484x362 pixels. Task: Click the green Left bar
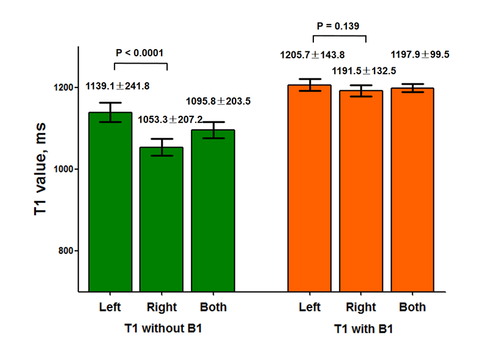coord(110,202)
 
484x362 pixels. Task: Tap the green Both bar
coord(213,211)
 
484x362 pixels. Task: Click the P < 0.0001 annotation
coord(140,52)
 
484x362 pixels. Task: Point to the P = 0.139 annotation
coord(338,26)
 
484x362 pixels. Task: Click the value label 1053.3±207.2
coord(169,119)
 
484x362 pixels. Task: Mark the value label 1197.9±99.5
coord(420,55)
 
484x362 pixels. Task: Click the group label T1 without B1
coord(162,328)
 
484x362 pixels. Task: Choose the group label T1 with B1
coord(363,329)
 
